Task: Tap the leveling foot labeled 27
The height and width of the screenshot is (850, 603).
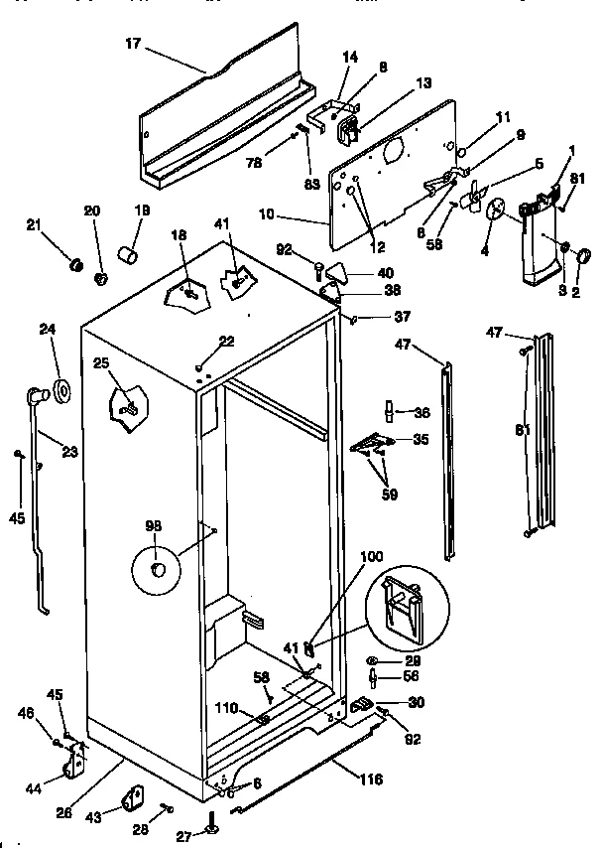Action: tap(210, 826)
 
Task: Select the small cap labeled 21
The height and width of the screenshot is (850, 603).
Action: tap(73, 265)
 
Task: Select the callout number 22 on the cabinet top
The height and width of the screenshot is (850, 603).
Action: tap(226, 341)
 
